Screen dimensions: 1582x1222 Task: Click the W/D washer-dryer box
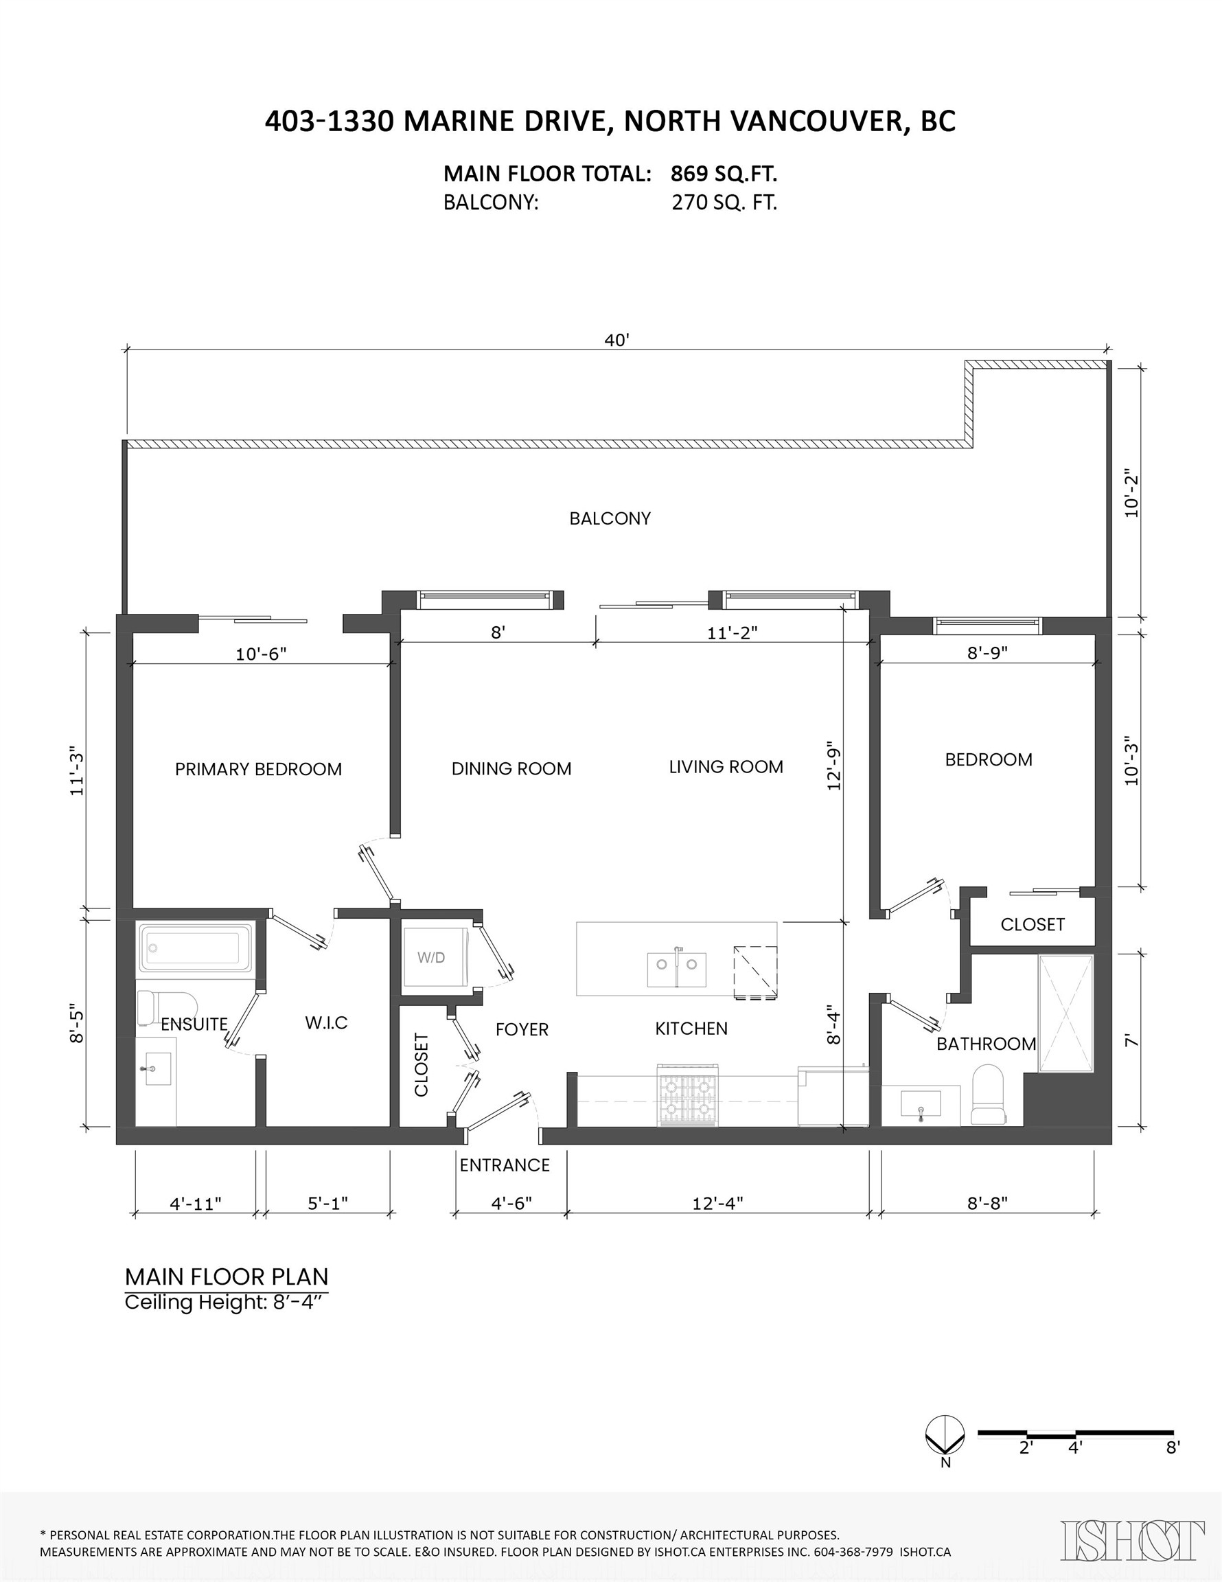[432, 957]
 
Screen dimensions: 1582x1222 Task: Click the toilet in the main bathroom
[987, 1095]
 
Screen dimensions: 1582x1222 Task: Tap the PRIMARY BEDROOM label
[258, 769]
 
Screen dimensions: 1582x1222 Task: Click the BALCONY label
[610, 518]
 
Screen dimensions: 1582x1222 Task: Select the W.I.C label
[326, 1023]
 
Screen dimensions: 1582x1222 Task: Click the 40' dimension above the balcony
[616, 341]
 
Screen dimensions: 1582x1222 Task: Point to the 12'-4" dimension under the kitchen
[717, 1203]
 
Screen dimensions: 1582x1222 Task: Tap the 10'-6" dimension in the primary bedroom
[261, 654]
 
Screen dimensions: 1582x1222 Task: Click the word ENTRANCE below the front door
[504, 1165]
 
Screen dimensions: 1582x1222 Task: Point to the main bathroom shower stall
[1065, 1013]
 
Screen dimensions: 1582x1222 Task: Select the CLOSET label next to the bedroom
[1033, 924]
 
